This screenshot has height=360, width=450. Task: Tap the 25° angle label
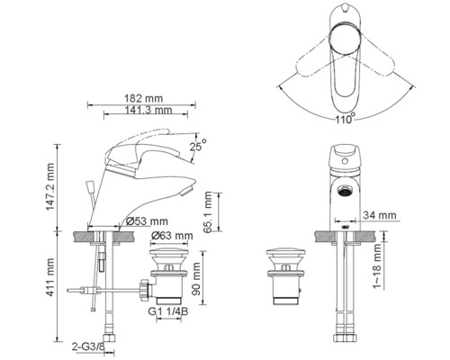(x=198, y=141)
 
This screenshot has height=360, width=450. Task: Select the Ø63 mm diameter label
(x=172, y=237)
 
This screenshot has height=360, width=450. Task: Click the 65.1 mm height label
(x=208, y=212)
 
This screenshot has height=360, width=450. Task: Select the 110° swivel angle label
(x=342, y=117)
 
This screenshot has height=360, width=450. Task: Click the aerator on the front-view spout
(x=342, y=191)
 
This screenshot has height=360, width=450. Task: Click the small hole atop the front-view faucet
(x=342, y=159)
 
